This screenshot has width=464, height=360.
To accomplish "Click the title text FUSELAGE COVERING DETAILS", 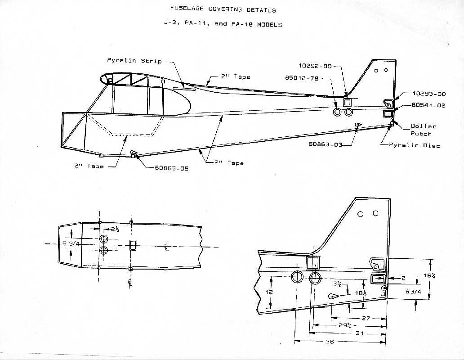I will click(x=223, y=9).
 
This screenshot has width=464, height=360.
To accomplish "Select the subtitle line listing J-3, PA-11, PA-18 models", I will click(x=223, y=24).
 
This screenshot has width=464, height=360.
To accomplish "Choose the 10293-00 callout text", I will click(x=429, y=94).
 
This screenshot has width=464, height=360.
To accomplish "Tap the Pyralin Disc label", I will click(x=420, y=145).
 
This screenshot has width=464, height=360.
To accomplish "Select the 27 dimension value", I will click(x=366, y=318).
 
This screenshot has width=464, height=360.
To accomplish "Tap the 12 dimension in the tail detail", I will click(x=268, y=292).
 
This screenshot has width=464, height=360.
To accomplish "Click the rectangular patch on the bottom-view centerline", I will click(x=133, y=245).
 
